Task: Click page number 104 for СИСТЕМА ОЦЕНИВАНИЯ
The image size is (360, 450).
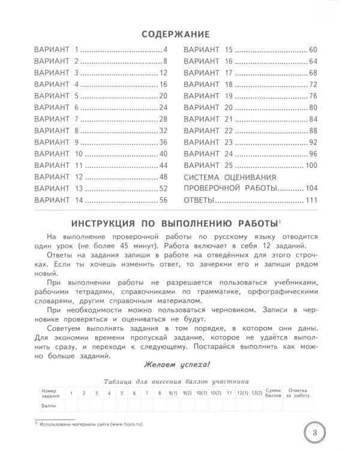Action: coord(311,188)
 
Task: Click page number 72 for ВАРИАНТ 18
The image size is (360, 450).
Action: coord(312,84)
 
